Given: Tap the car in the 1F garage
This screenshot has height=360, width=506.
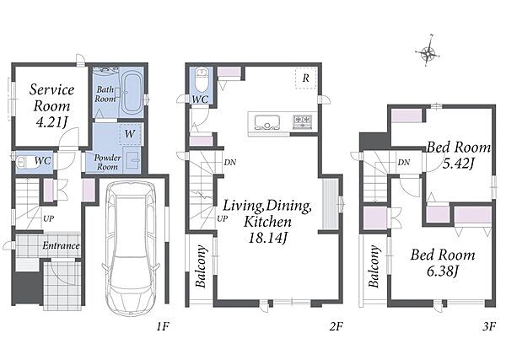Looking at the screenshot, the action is coord(131,247).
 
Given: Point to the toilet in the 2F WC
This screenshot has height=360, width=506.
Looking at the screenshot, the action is coord(202,79).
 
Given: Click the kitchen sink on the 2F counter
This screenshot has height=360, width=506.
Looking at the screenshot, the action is coord(266,122).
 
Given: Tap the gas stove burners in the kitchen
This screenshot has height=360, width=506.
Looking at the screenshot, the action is coord(303,121).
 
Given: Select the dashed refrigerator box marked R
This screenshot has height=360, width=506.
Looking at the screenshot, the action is coord(306,78).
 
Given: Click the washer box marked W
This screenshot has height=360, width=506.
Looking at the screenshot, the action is coord(131,133).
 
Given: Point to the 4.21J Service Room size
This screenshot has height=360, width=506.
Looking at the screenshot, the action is coord(52,122).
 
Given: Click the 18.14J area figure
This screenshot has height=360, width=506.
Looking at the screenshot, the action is coord(268,238).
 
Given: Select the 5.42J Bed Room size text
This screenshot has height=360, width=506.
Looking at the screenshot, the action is coord(458,164).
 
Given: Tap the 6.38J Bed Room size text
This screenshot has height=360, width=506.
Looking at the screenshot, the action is coord(443,271).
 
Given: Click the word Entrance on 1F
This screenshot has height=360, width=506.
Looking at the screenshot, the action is coord(61,246).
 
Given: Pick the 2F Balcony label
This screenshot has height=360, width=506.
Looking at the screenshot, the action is coord(201,266).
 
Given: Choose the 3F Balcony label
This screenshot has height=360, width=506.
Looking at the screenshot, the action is coord(374,266).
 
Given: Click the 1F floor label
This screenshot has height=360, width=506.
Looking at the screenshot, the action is coord(163,327).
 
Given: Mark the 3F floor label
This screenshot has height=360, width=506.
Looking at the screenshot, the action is coord(489,327).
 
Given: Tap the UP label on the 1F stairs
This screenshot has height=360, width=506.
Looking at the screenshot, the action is coord(48,218).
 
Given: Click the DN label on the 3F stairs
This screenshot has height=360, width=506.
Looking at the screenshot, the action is coord(404,163).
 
